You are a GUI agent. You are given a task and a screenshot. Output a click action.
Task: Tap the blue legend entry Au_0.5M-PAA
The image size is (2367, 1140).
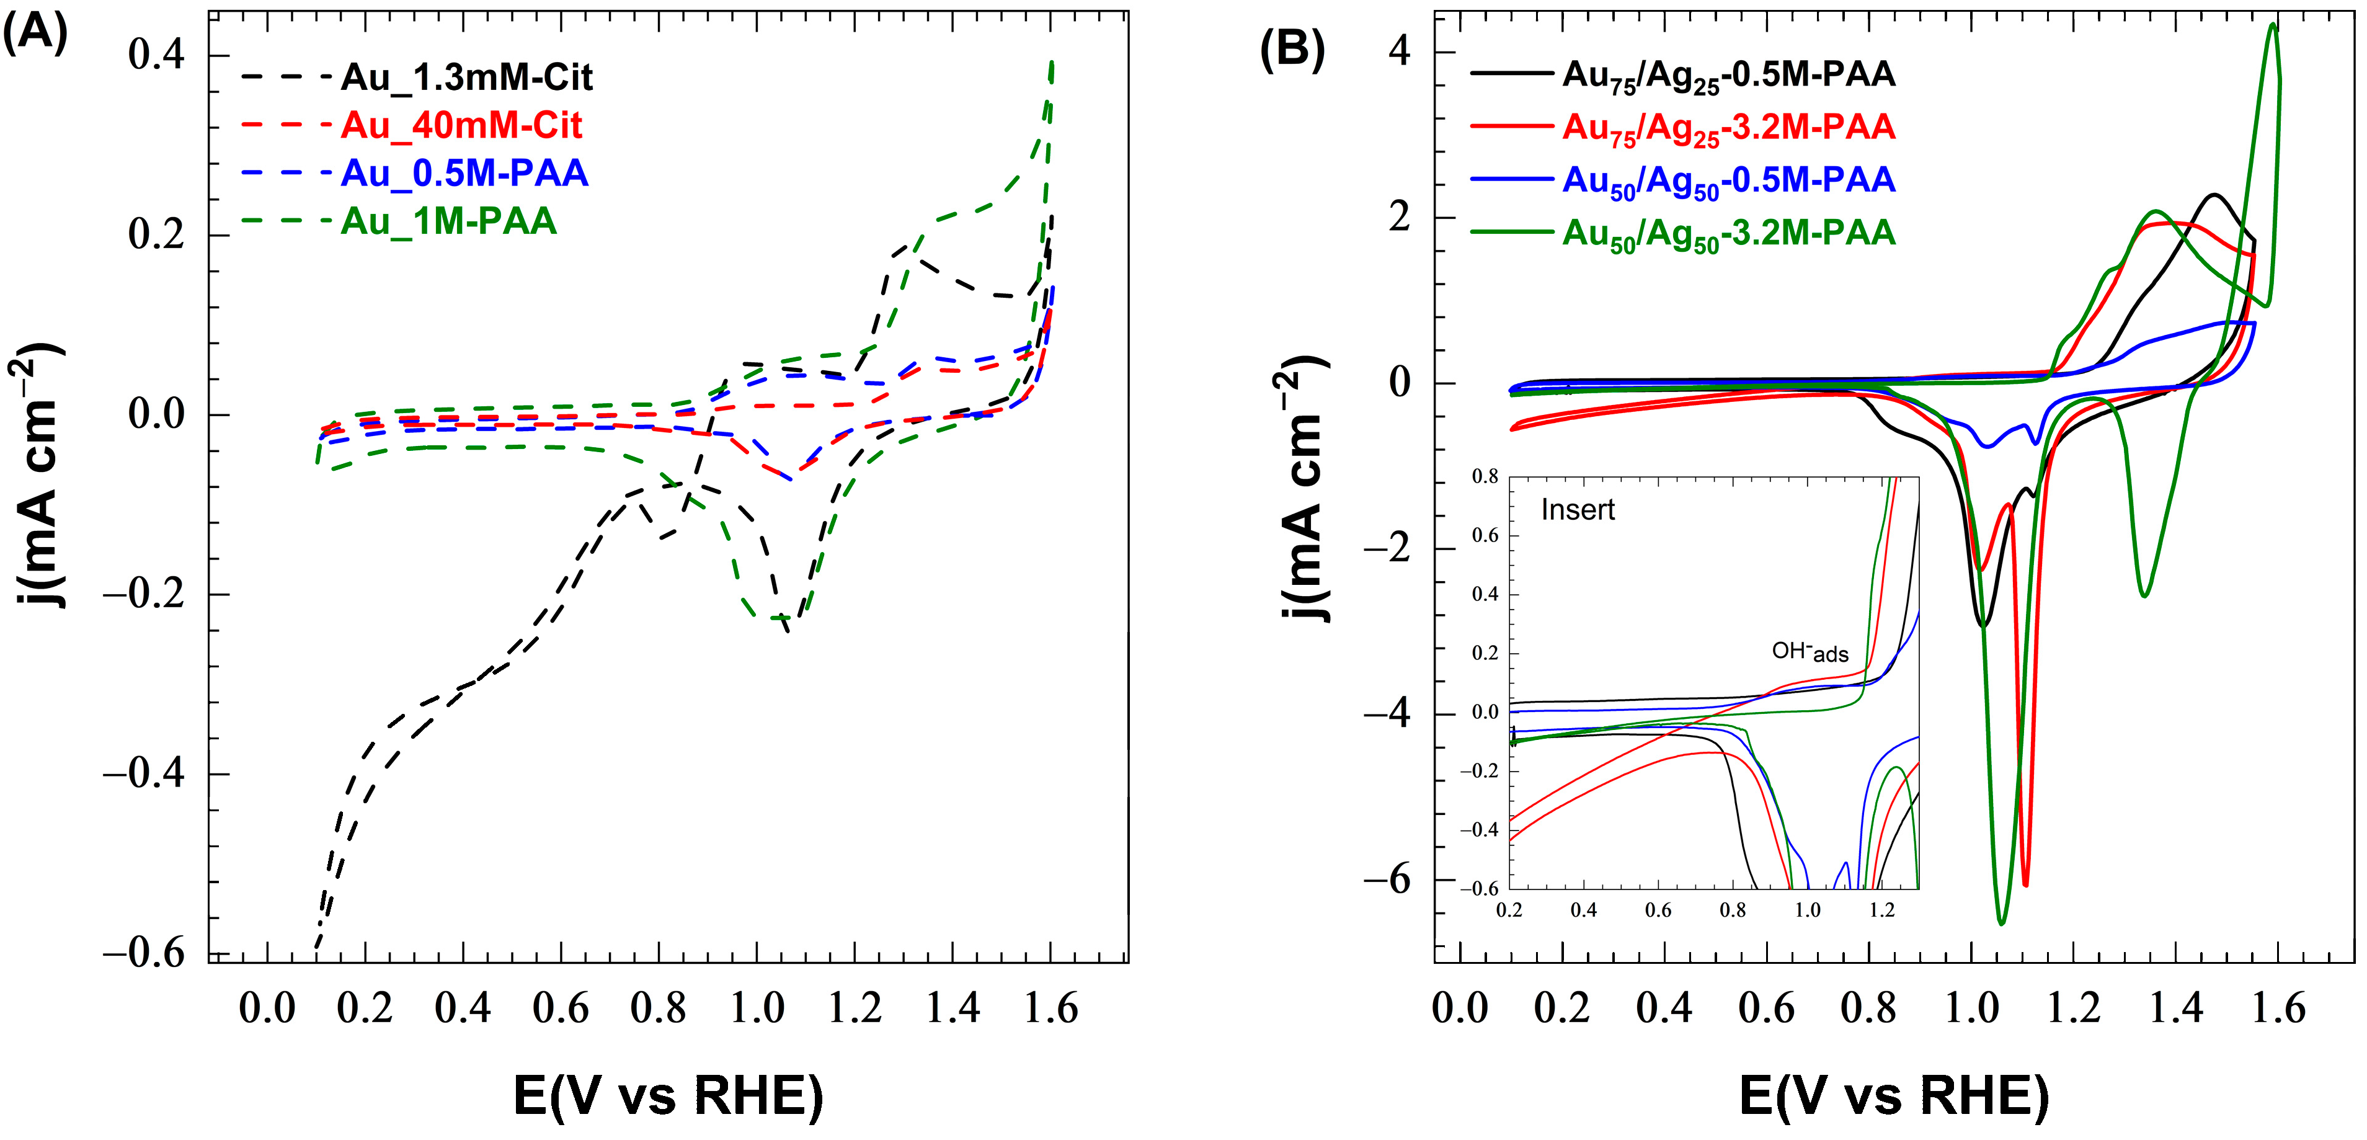pos(463,173)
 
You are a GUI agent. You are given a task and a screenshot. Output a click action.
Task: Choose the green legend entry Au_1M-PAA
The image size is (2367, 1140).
pos(448,221)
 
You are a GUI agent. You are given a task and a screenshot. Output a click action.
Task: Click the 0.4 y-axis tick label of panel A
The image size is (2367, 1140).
pos(156,55)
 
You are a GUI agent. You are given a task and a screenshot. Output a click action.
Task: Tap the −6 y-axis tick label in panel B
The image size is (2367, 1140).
pos(1385,880)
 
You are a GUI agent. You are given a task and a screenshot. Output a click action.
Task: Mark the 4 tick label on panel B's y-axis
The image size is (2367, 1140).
pos(1398,51)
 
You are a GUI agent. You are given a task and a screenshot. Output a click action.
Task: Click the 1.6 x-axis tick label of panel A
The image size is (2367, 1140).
pos(1050,1009)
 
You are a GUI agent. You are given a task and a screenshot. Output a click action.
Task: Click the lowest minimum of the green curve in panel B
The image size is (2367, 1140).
pos(2001,922)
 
